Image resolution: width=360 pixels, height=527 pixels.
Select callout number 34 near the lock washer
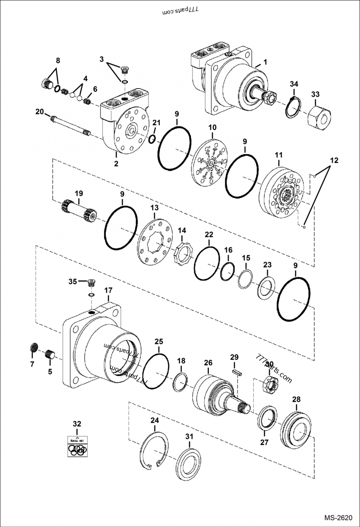pyautogui.click(x=294, y=84)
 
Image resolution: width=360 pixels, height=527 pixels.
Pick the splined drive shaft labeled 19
pyautogui.click(x=79, y=211)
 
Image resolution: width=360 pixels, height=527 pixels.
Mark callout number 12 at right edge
pyautogui.click(x=334, y=160)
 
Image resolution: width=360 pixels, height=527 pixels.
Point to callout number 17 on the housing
pyautogui.click(x=108, y=291)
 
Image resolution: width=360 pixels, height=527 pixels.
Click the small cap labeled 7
pyautogui.click(x=32, y=348)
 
